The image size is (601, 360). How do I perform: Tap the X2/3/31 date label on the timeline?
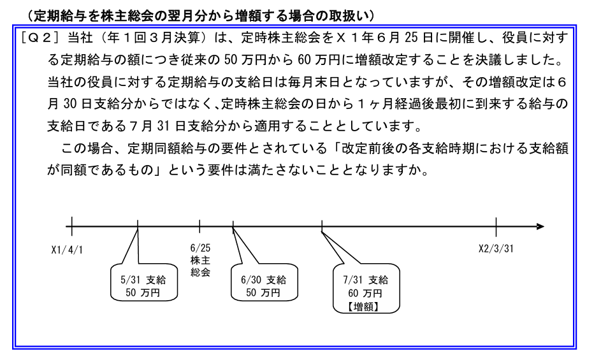496,249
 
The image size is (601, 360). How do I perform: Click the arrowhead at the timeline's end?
540,226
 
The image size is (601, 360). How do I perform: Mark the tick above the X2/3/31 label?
496,226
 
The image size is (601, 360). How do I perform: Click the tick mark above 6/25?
200,226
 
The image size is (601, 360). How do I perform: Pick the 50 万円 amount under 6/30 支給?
263,293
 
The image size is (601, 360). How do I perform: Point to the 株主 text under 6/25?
200,260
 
